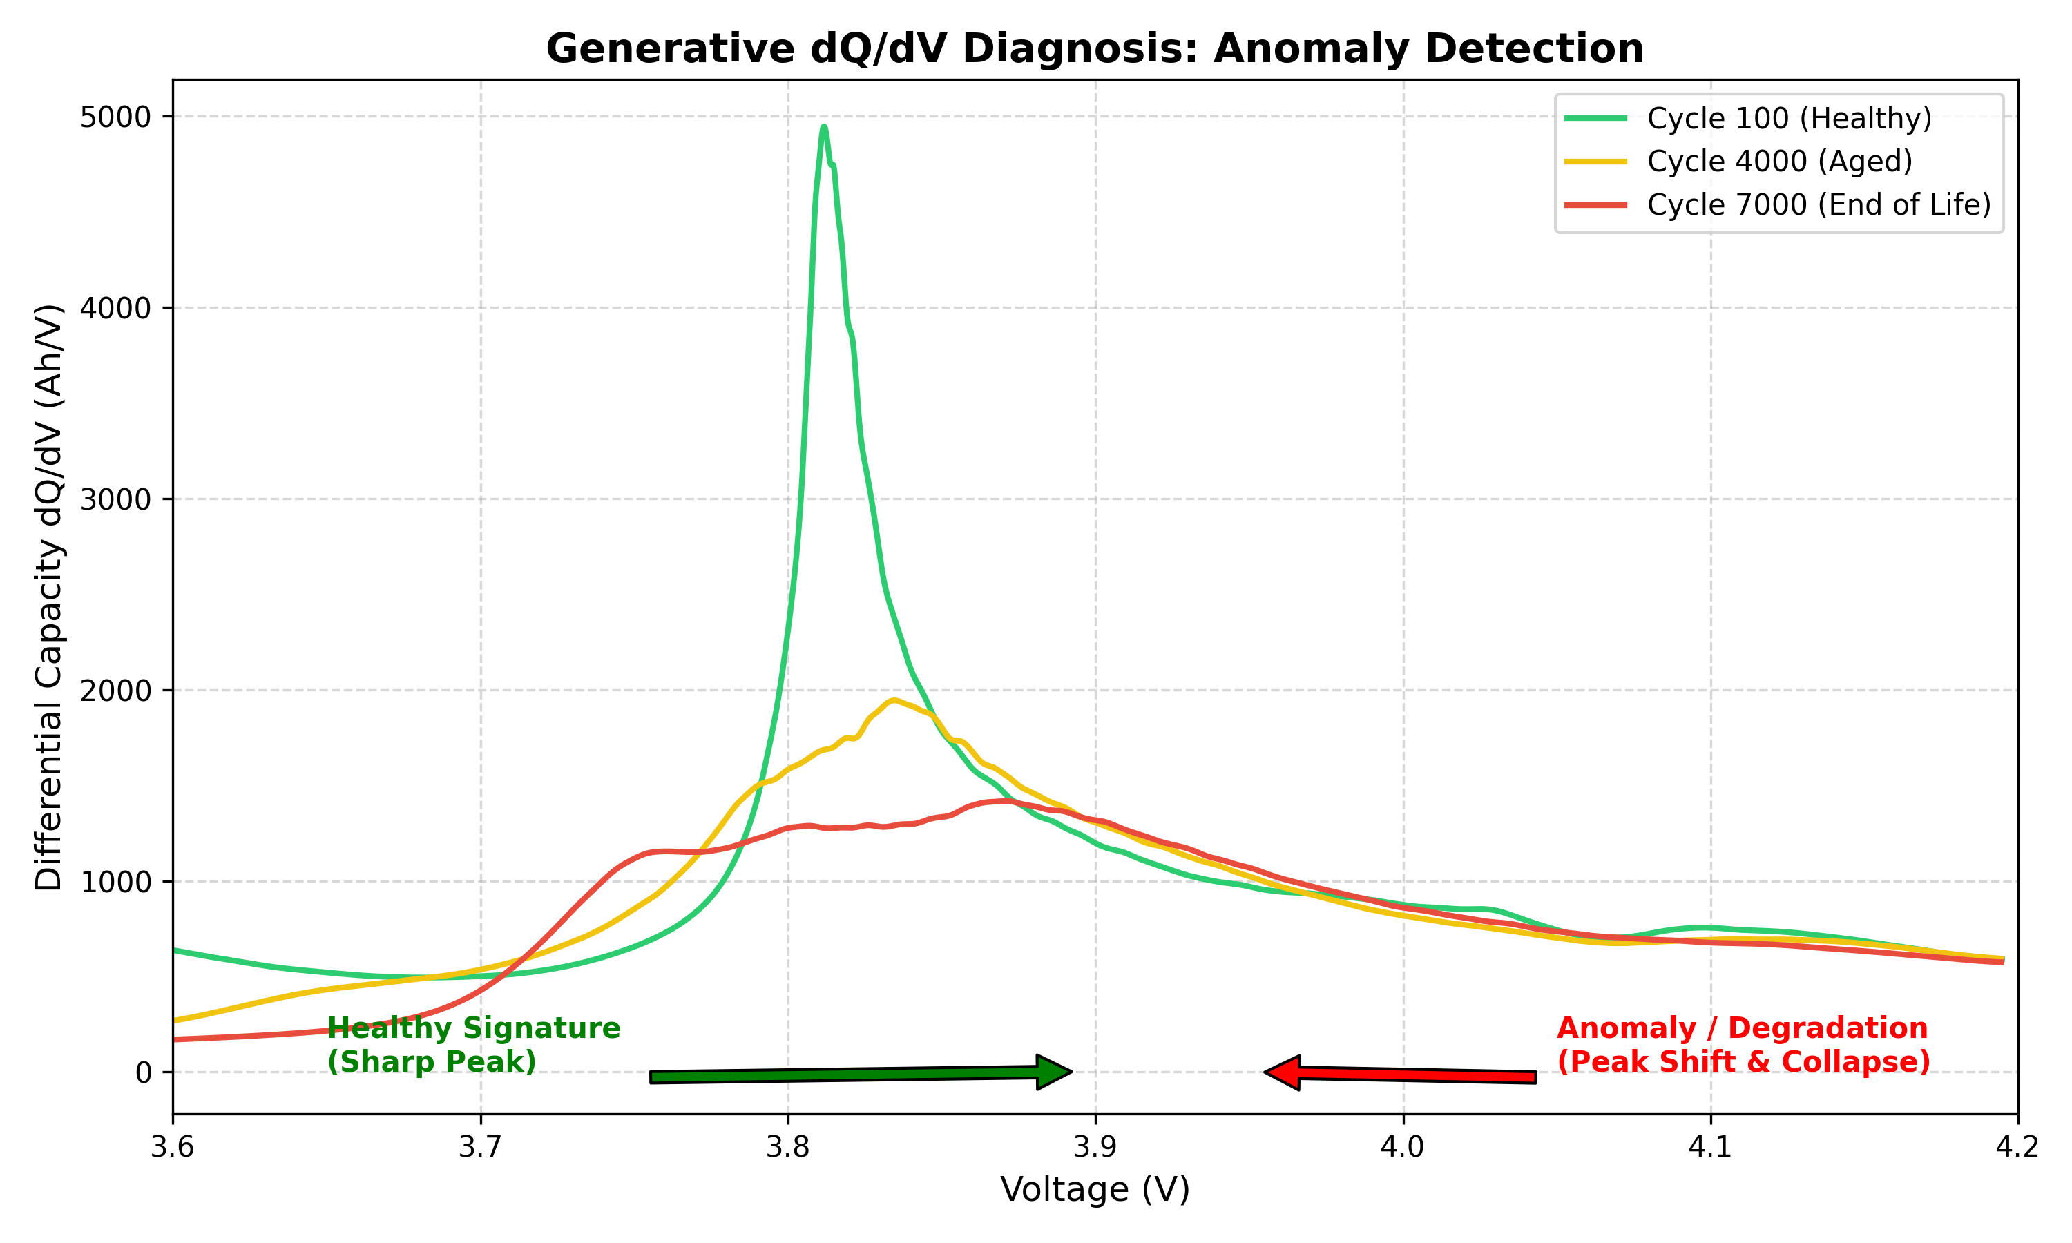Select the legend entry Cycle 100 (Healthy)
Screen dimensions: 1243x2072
click(x=1789, y=118)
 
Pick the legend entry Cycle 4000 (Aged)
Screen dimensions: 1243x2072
click(x=1780, y=161)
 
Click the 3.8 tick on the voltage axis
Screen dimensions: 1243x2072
click(x=787, y=1147)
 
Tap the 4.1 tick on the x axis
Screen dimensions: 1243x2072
click(x=1709, y=1147)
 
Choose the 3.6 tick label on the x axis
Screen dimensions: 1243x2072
click(x=173, y=1147)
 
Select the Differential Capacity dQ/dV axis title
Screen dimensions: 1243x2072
click(x=48, y=597)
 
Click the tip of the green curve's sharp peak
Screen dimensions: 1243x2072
click(x=824, y=127)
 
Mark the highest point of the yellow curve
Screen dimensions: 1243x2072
click(x=894, y=700)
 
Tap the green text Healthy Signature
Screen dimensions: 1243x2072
click(x=473, y=1028)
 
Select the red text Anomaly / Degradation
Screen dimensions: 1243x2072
click(x=1742, y=1028)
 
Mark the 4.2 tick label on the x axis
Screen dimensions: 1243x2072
click(x=2017, y=1147)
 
